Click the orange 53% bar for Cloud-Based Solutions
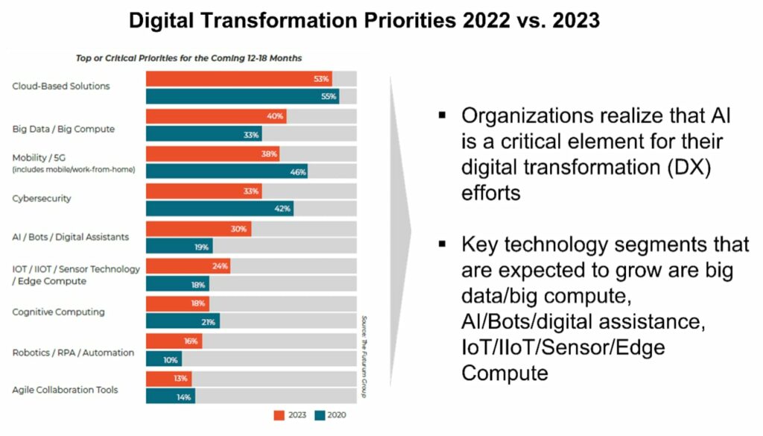coord(238,78)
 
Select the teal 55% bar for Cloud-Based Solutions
coord(242,96)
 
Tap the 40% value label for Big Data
coord(276,116)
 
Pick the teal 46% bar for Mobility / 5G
coord(227,171)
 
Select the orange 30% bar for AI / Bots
coord(198,229)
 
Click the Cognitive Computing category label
coord(58,312)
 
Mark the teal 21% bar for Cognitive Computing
coord(183,321)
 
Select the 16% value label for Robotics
coord(191,341)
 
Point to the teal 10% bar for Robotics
coord(164,359)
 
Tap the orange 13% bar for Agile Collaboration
coord(168,379)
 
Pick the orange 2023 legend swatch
coord(279,415)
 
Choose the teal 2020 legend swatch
coord(321,415)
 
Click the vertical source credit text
coord(364,356)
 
